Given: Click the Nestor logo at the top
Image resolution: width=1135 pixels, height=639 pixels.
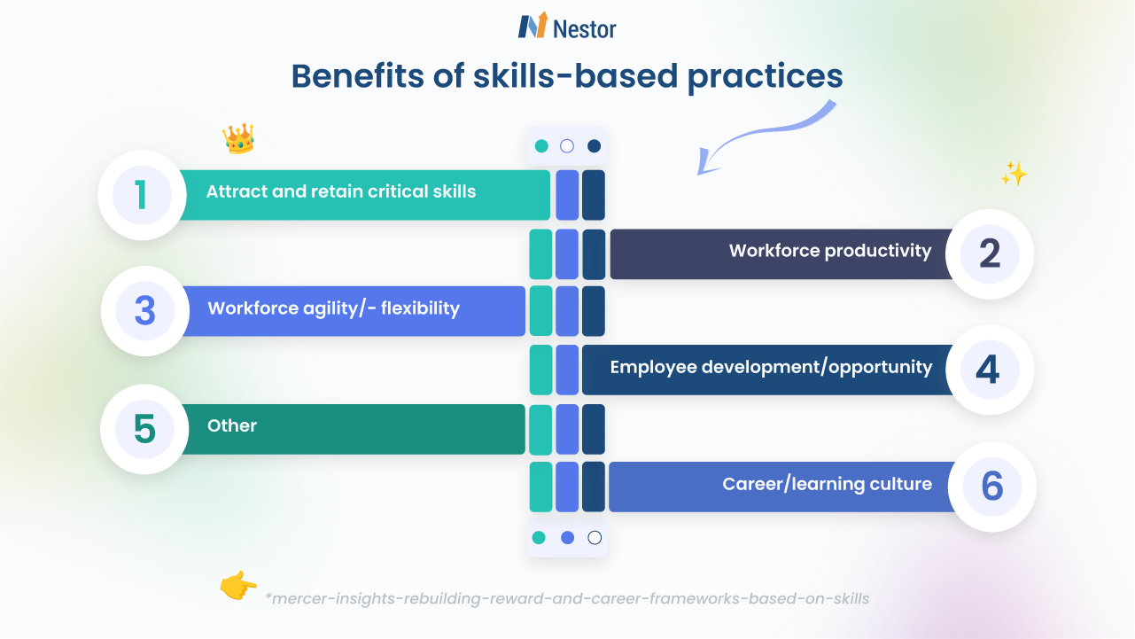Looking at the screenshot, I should point(567,27).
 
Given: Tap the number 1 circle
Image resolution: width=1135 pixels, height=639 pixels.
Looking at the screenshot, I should point(142,195).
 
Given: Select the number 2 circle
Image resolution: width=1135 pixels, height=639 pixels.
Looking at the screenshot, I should point(990,254).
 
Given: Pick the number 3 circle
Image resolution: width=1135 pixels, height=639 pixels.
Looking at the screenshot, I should point(145,311).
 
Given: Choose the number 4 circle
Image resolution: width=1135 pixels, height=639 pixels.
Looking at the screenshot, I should point(989,370).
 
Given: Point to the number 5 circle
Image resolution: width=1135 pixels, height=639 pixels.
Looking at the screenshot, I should point(145,429).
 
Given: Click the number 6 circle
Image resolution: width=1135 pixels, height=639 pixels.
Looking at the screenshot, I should point(991,487).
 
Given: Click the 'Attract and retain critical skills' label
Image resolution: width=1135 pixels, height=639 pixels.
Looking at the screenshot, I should point(341,191).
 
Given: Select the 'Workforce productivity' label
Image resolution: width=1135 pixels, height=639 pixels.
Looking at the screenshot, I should point(830,251).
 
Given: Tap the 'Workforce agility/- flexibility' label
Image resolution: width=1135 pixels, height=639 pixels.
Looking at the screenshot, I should point(333,308).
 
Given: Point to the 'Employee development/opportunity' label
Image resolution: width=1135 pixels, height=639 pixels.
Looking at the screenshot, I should point(771,367).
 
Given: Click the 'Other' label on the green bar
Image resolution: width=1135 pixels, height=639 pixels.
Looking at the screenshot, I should point(232,425).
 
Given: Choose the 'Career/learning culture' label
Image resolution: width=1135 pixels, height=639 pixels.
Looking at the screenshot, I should point(827,484).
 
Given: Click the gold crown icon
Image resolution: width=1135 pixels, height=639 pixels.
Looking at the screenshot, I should point(238,138).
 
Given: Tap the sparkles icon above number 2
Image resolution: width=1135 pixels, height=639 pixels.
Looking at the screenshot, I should point(1014,174).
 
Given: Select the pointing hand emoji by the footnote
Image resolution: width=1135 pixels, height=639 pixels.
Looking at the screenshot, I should point(237,586).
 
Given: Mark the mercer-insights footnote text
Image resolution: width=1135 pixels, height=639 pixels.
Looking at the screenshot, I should point(567,598).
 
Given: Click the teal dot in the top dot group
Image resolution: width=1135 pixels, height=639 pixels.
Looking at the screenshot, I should point(541,146).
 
